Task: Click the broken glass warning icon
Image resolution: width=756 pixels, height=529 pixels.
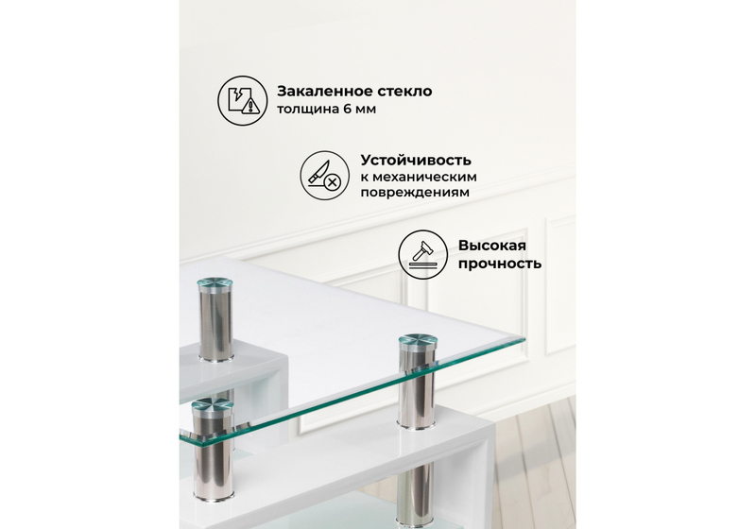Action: pos(242,100)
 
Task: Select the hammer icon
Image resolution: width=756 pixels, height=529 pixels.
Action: pos(421,252)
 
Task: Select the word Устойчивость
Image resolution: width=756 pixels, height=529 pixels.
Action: pos(416,160)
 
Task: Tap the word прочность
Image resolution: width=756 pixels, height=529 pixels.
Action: pos(500,264)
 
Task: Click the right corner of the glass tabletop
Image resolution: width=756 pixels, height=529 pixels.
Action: pos(523,338)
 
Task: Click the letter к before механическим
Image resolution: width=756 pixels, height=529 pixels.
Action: pos(364,177)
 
